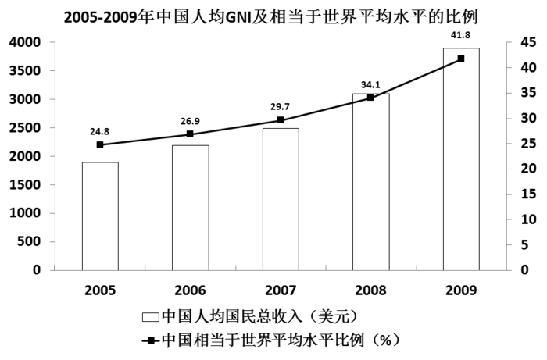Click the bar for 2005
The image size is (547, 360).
[100, 216]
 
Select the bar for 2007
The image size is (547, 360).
[281, 199]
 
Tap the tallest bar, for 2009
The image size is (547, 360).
[461, 159]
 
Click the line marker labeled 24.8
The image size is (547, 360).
[100, 144]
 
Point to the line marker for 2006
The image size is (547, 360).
[191, 134]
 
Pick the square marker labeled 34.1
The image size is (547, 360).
[370, 98]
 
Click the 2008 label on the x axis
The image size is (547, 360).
[370, 290]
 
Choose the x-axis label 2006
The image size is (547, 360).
[191, 290]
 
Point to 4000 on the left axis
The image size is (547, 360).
[26, 43]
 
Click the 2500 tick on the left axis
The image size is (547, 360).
[26, 128]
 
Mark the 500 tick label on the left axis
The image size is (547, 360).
[31, 242]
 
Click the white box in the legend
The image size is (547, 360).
[150, 317]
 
